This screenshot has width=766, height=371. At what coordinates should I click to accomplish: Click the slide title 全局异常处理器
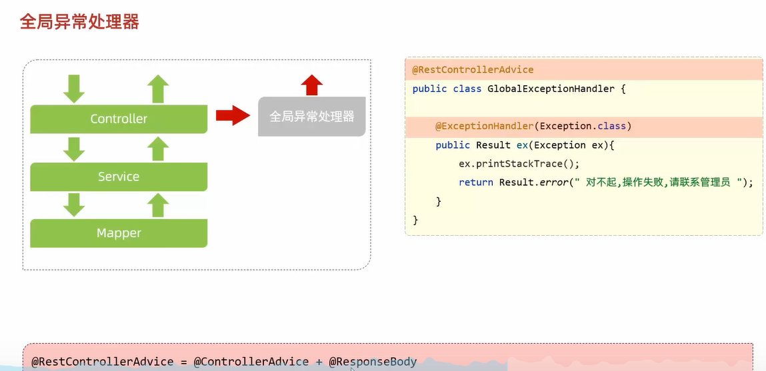[x=79, y=22]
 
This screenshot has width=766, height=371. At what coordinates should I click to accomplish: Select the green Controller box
[x=119, y=119]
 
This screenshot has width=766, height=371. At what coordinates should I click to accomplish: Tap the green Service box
[x=119, y=177]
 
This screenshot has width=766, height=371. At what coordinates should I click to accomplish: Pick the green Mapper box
[x=119, y=233]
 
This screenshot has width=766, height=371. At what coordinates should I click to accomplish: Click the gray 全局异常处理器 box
[x=311, y=117]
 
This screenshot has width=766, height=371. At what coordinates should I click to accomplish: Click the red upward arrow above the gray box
[x=311, y=85]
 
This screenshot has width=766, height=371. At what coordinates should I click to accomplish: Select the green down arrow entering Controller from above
[x=74, y=89]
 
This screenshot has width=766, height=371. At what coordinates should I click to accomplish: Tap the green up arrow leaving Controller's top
[x=158, y=89]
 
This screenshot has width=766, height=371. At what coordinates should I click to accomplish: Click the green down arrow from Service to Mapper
[x=74, y=205]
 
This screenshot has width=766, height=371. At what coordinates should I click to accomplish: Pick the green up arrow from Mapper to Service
[x=158, y=205]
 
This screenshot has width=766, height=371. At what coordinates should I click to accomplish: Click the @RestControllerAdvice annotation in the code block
[x=473, y=70]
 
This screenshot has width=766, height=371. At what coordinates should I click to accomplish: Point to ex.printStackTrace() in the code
[x=519, y=164]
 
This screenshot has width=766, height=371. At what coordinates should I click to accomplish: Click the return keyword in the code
[x=475, y=183]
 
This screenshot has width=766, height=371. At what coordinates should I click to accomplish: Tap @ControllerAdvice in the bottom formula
[x=251, y=362]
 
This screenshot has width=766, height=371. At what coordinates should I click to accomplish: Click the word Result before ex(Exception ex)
[x=493, y=145]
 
